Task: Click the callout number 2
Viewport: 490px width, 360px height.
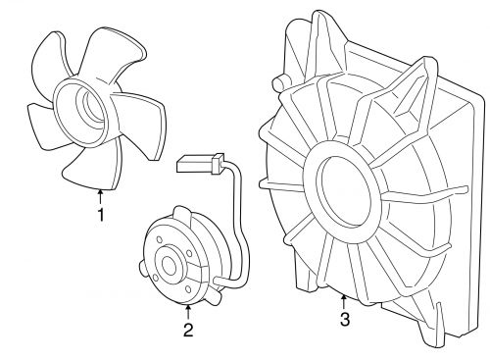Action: [x=186, y=330]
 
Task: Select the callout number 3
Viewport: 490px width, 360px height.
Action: [x=343, y=319]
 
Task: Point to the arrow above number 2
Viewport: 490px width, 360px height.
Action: [x=186, y=312]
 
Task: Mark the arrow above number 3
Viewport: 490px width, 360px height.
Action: [x=343, y=299]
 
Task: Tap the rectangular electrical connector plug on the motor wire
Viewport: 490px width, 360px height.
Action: [x=197, y=162]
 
